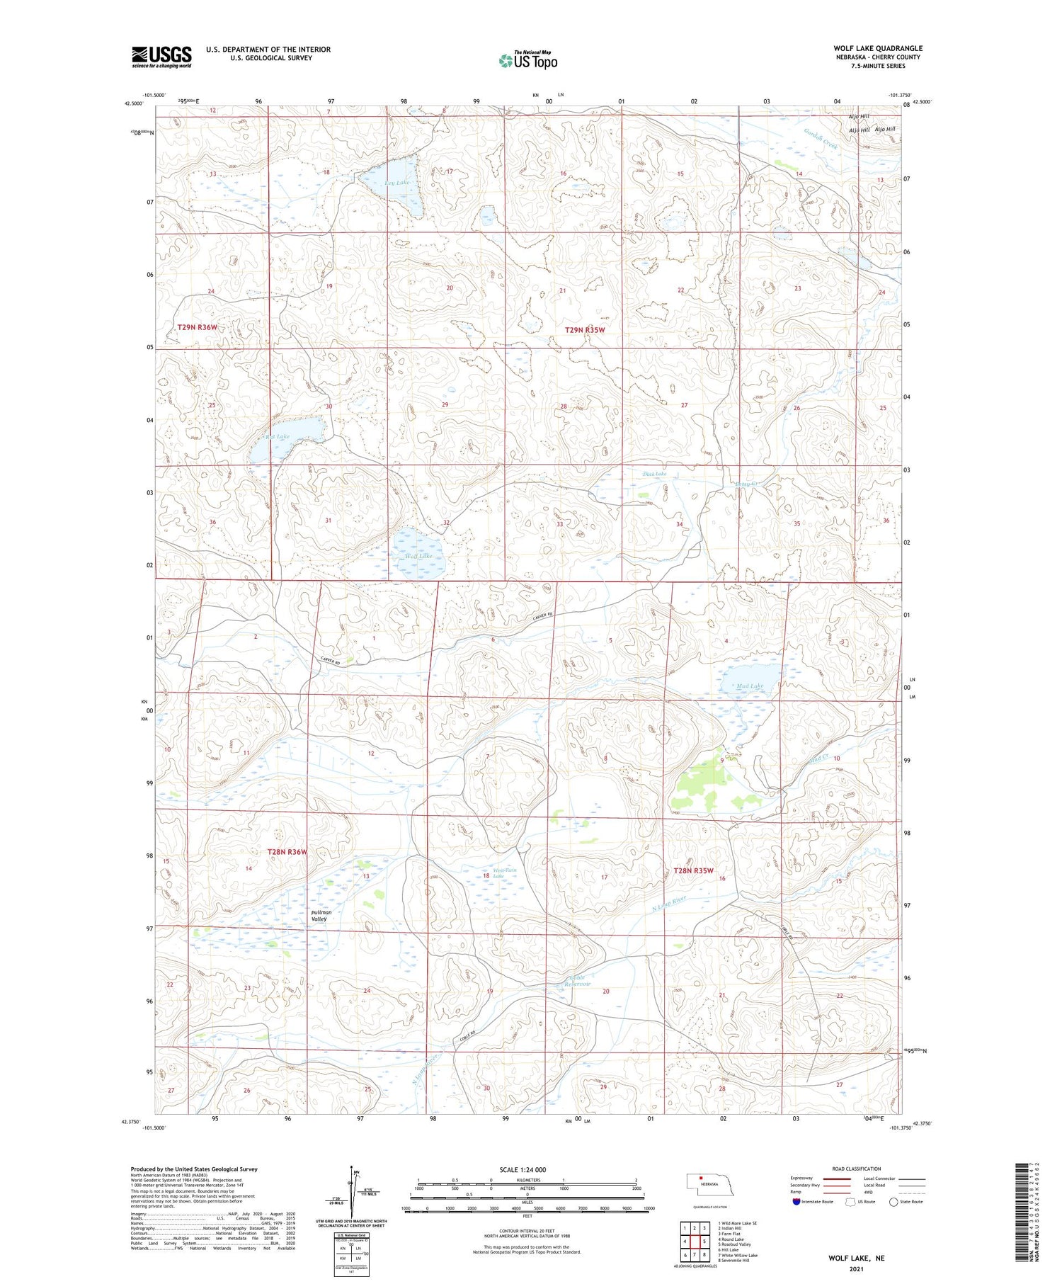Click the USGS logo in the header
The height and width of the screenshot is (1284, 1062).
(x=161, y=57)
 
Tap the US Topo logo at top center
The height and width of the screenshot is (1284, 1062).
(x=527, y=61)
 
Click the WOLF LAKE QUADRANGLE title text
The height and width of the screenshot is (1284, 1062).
(x=877, y=48)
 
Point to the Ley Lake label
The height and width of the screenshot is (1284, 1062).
(x=397, y=183)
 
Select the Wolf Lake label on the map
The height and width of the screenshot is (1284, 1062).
(x=418, y=556)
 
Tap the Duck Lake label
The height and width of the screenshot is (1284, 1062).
(x=654, y=473)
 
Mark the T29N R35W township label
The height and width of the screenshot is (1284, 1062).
(x=585, y=330)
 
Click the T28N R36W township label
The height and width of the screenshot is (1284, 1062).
(x=287, y=852)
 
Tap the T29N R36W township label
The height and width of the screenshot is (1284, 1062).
(x=197, y=327)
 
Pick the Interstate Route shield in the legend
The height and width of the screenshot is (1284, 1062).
(x=796, y=1202)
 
